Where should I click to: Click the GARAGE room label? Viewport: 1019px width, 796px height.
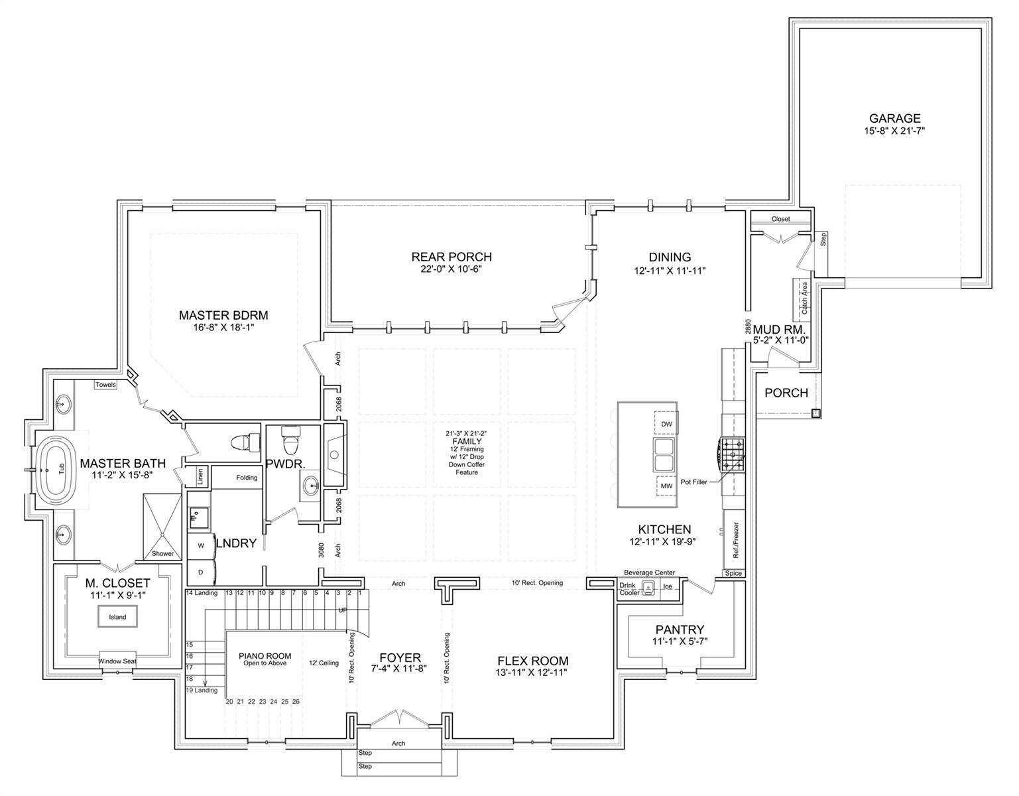895,118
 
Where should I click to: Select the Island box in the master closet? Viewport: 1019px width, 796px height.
117,617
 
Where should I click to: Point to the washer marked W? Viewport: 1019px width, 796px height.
201,545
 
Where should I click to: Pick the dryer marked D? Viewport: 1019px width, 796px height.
201,572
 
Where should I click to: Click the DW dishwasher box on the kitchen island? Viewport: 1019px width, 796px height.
666,424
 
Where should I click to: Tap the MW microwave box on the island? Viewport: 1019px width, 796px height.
666,486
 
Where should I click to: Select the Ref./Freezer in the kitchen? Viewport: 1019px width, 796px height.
735,540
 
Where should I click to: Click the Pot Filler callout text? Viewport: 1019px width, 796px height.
693,482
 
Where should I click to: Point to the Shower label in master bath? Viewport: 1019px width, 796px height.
162,553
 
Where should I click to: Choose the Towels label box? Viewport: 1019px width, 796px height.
105,385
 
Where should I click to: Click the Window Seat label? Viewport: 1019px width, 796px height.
117,661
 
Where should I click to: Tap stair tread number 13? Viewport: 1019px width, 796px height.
229,593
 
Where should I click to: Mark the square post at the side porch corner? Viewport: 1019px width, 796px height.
815,413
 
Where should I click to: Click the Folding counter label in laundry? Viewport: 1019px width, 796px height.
247,478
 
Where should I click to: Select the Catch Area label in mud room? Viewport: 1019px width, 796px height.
804,298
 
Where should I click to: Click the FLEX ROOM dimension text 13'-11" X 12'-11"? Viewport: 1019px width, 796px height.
531,673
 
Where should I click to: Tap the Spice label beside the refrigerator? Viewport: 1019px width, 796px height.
733,572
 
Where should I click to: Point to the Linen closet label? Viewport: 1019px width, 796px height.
200,476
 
